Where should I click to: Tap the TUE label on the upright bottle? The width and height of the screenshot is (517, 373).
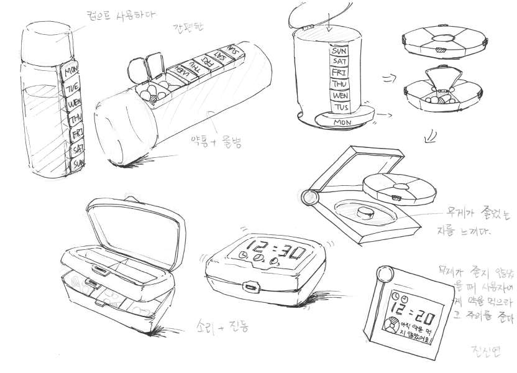click(x=73, y=87)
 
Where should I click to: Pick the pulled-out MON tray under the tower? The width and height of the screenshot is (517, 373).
click(x=342, y=122)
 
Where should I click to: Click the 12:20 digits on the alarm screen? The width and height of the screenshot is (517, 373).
click(x=413, y=313)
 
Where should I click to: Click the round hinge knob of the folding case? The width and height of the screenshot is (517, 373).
click(x=308, y=198)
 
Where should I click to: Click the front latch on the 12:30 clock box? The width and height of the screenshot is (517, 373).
click(x=251, y=287)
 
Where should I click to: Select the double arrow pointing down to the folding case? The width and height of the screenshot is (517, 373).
click(x=429, y=135)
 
